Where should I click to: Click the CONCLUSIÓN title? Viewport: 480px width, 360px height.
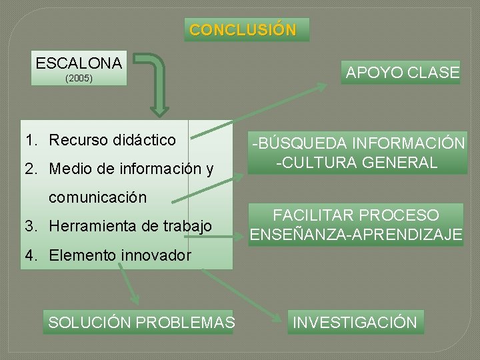click(x=243, y=30)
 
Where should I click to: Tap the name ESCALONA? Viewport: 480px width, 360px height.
click(x=79, y=63)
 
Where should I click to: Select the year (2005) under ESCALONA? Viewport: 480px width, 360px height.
click(x=79, y=79)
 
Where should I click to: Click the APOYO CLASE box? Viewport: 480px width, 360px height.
click(x=403, y=72)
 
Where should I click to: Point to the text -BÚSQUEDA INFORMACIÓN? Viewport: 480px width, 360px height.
click(x=357, y=143)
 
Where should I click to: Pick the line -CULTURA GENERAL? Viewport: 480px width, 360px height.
click(x=357, y=162)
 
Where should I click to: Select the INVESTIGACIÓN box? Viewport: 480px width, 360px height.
click(x=355, y=323)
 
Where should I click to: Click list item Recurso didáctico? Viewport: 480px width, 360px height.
click(x=113, y=140)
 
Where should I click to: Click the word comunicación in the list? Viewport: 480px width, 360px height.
click(x=97, y=198)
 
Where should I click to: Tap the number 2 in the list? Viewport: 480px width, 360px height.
click(x=29, y=169)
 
